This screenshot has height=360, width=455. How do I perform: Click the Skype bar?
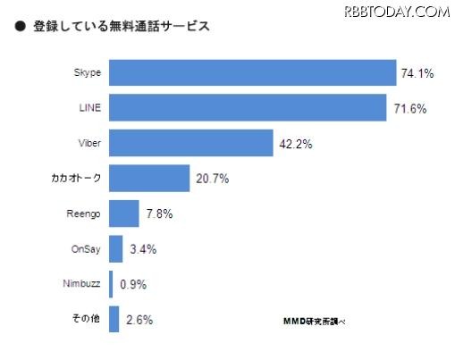click(x=252, y=72)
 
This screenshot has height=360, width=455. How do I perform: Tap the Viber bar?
click(x=190, y=143)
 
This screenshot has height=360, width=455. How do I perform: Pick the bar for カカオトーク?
click(x=149, y=178)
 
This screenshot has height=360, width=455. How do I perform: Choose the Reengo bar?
click(x=124, y=213)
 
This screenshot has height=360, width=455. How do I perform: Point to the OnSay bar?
click(x=115, y=248)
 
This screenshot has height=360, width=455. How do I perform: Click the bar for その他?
click(x=114, y=319)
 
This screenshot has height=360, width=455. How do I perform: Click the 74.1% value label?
click(x=417, y=73)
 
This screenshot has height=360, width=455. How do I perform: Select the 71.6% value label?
click(x=411, y=109)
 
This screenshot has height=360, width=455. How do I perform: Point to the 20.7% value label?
click(x=211, y=179)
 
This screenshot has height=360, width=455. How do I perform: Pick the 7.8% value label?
click(x=157, y=214)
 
